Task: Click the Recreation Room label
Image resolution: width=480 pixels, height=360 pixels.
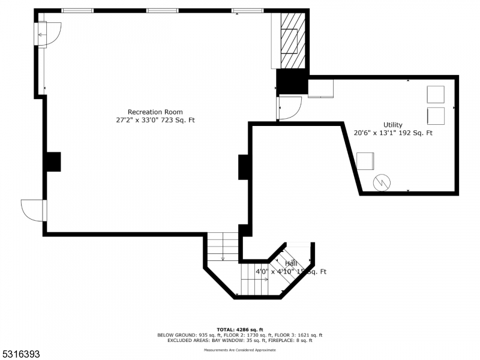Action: (x=155, y=112)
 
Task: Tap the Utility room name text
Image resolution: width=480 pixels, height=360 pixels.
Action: (x=393, y=125)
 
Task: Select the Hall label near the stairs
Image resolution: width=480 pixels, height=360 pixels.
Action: (x=291, y=263)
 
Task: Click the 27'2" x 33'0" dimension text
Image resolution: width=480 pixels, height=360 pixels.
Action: (x=155, y=120)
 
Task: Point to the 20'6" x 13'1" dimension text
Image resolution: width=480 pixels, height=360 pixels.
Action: (x=393, y=133)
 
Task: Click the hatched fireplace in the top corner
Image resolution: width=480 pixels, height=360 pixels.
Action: (x=290, y=40)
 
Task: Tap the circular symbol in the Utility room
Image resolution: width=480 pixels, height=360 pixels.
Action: (x=381, y=183)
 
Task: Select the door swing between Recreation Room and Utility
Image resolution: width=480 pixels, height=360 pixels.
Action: (x=289, y=108)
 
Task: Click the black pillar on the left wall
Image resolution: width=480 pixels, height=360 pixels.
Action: (x=53, y=162)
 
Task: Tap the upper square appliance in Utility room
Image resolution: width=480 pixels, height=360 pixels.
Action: (x=436, y=95)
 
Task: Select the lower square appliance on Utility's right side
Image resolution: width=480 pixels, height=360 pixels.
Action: (x=436, y=116)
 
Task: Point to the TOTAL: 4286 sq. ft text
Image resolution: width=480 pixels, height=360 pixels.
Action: (x=240, y=329)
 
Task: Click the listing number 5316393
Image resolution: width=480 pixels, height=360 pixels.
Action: (x=21, y=355)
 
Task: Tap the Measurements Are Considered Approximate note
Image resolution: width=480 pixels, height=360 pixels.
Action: (x=240, y=349)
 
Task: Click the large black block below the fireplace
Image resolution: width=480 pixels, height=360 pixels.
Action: (x=292, y=82)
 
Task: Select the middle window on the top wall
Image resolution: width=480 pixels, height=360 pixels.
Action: (x=163, y=11)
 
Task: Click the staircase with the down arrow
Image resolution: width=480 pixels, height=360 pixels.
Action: (x=223, y=247)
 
